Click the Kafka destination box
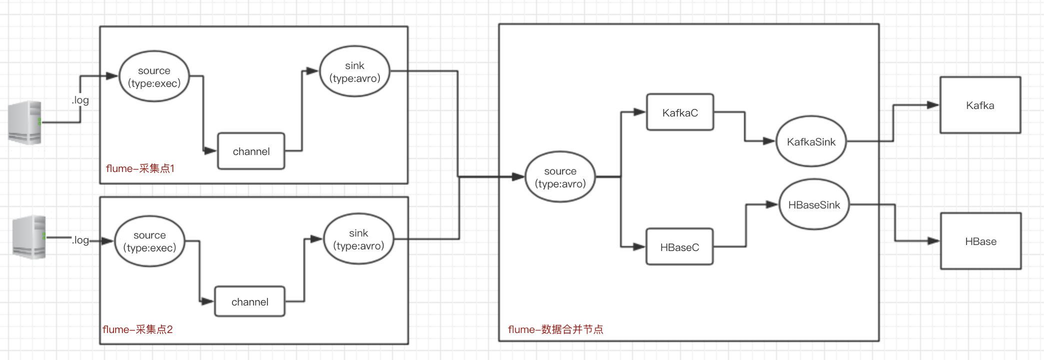click(x=980, y=105)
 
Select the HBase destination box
click(x=980, y=241)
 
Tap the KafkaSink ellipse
click(x=810, y=141)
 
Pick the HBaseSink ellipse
click(x=814, y=204)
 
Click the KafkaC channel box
click(x=679, y=112)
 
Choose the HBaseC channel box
click(x=679, y=247)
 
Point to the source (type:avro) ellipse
click(x=560, y=177)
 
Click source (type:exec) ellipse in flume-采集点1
click(x=154, y=76)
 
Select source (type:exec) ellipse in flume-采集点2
click(x=149, y=241)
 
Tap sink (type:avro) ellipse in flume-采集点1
click(x=354, y=71)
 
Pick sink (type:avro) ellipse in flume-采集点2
click(x=358, y=239)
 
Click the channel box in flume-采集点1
click(x=251, y=151)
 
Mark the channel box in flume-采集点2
click(x=249, y=301)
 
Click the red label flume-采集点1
click(x=140, y=168)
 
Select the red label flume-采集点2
click(x=137, y=329)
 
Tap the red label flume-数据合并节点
click(x=555, y=329)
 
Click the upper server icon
click(x=25, y=122)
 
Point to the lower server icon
click(x=29, y=237)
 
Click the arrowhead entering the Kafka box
click(x=933, y=105)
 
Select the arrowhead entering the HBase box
click(x=933, y=241)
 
